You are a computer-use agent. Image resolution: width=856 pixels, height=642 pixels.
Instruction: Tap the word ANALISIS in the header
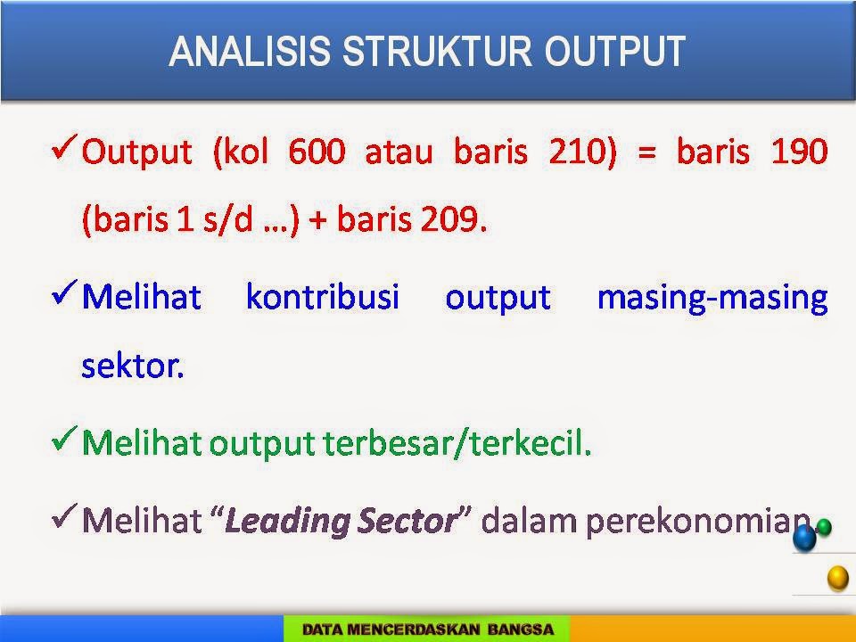click(250, 52)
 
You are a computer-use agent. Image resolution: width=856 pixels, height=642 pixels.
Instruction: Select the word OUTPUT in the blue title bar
click(614, 52)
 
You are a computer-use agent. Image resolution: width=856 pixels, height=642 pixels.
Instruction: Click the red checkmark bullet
click(64, 147)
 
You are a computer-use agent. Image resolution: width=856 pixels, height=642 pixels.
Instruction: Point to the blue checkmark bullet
click(64, 292)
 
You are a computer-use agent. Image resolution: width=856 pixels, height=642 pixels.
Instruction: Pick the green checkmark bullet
click(64, 439)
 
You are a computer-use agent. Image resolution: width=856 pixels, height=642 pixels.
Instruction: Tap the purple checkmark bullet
click(64, 516)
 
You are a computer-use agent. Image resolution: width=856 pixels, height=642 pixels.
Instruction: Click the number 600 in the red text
click(317, 152)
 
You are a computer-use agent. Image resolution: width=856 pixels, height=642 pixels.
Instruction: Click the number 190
click(799, 152)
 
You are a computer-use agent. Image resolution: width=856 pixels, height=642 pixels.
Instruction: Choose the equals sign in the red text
click(646, 152)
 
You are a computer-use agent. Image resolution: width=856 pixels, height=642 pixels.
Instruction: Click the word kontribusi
click(323, 297)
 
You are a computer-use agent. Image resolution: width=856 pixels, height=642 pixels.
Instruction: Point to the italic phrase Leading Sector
click(342, 522)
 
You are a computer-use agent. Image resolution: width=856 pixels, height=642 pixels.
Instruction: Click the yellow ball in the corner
click(838, 578)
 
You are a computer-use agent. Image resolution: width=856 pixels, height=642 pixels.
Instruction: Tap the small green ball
click(823, 527)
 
